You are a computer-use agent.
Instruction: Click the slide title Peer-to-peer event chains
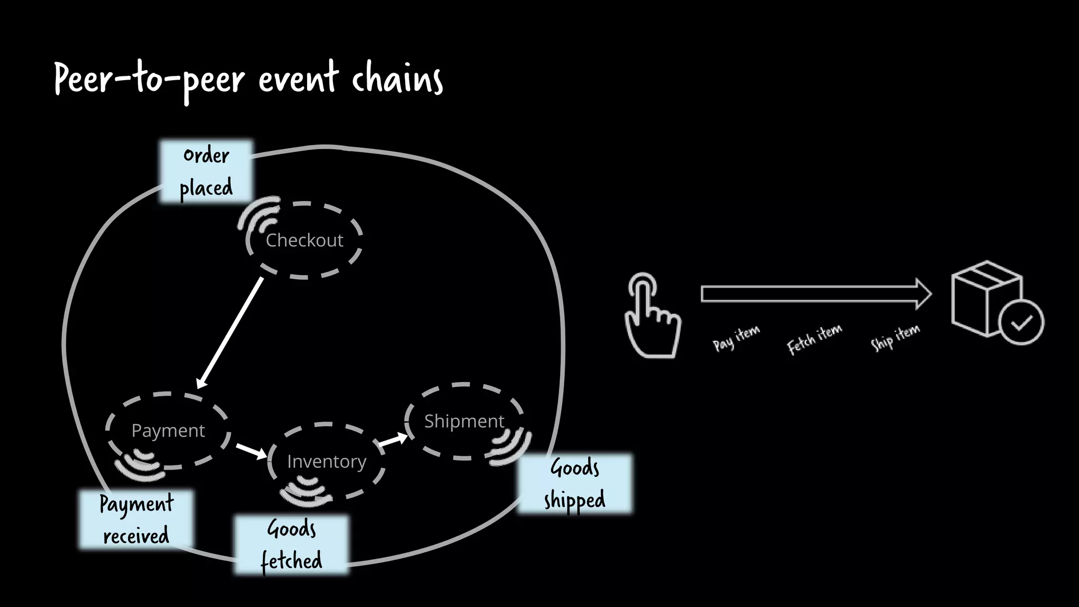pos(248,79)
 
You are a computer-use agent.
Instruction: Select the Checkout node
pos(305,240)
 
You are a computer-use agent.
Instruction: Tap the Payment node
pos(168,430)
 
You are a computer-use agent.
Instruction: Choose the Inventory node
pos(326,461)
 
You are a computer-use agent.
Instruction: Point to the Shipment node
pos(464,421)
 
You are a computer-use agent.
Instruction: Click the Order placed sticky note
pos(206,171)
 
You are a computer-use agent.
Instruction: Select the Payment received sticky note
pos(136,520)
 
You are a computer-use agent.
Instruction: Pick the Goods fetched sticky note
pos(291,545)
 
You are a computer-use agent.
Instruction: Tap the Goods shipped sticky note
pos(575,483)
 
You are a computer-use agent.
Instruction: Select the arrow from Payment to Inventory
pos(251,451)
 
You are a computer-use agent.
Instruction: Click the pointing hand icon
pos(652,316)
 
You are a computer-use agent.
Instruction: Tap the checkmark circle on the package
pos(1021,322)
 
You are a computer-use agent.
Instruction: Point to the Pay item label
pos(736,338)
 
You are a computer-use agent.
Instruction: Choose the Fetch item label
pos(814,339)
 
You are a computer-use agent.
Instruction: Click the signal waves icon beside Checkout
pos(258,216)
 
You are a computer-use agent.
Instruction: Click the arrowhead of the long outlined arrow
pos(924,293)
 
